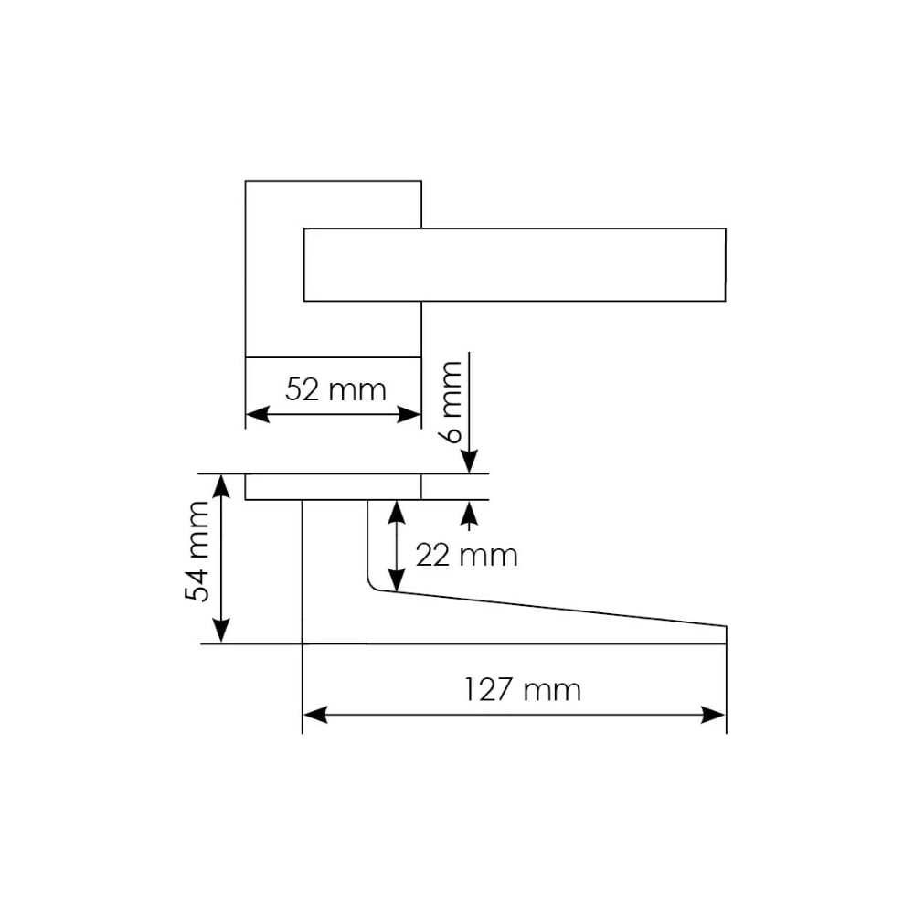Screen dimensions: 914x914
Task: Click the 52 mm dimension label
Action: [x=335, y=389]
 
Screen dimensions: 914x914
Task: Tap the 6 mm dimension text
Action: [x=452, y=402]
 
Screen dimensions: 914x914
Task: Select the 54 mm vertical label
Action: [x=197, y=551]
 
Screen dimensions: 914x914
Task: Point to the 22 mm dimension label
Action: [x=466, y=555]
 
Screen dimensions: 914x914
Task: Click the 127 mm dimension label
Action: [x=522, y=689]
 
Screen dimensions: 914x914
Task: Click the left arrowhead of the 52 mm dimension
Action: [x=258, y=414]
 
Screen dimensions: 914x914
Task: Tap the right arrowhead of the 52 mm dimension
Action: [x=409, y=414]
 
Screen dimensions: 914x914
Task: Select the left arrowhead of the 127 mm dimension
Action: [x=315, y=715]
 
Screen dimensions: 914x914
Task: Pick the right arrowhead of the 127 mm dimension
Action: [x=714, y=715]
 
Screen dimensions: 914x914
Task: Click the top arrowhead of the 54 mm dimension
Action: [x=221, y=487]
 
